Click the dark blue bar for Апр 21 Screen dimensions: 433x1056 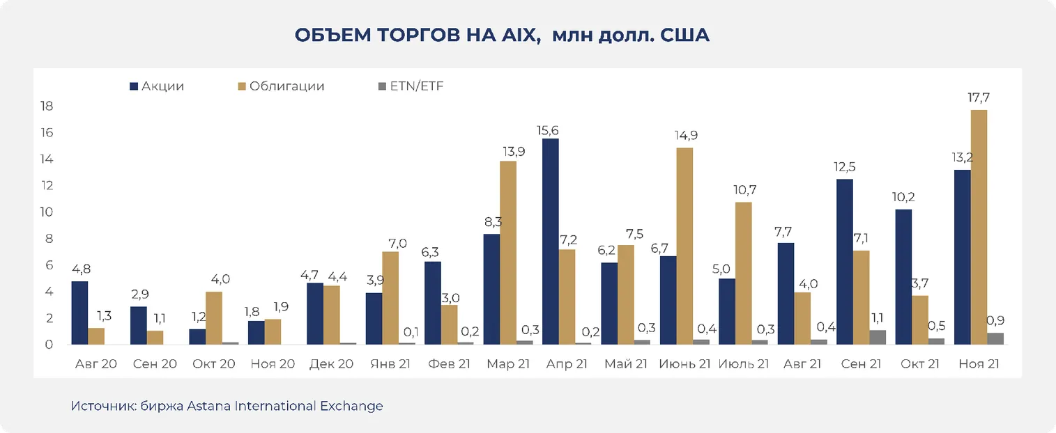click(551, 242)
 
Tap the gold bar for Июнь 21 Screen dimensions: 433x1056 click(684, 246)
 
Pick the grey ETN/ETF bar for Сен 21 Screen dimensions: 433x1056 click(878, 337)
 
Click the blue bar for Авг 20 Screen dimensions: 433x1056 click(79, 313)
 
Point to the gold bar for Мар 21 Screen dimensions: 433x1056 click(508, 253)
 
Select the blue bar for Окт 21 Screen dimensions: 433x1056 click(903, 277)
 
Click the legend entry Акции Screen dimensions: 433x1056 click(162, 86)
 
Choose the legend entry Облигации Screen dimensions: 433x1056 click(286, 86)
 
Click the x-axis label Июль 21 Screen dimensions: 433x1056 click(743, 364)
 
